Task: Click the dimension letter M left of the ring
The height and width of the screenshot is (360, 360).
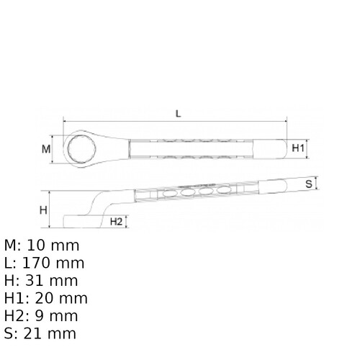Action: [45, 150]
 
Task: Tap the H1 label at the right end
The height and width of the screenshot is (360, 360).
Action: [300, 149]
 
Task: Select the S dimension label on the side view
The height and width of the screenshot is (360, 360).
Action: [308, 184]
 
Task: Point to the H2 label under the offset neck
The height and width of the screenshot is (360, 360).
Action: [116, 221]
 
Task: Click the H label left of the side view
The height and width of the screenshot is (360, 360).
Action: [43, 210]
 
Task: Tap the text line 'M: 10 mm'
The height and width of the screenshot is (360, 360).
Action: [42, 245]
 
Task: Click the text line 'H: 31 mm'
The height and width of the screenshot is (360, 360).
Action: [41, 280]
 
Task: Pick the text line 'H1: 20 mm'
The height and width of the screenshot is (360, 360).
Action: [46, 298]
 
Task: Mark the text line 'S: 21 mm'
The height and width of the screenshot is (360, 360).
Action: [40, 333]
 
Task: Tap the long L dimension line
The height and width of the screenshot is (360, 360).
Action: [216, 122]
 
